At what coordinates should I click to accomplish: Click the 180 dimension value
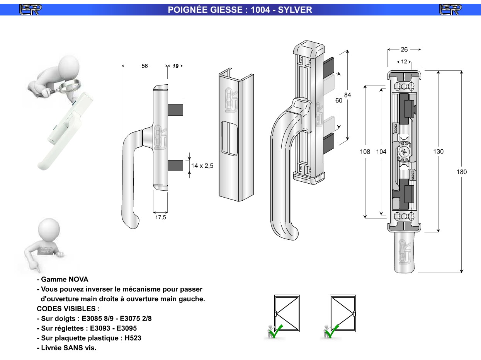click(462, 172)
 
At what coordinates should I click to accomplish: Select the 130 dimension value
click(439, 152)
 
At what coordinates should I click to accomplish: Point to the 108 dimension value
click(365, 152)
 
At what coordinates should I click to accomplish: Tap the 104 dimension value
click(381, 152)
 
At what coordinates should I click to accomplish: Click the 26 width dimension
click(404, 49)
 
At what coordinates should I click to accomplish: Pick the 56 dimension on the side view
click(144, 66)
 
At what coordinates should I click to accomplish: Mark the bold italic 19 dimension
click(175, 66)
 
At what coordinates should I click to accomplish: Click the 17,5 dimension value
click(161, 218)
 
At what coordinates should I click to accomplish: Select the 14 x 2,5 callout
click(202, 165)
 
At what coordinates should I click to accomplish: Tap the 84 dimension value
click(347, 95)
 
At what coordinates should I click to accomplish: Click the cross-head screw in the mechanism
click(404, 152)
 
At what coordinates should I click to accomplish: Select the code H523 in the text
click(133, 338)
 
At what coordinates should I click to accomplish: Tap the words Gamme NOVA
click(65, 279)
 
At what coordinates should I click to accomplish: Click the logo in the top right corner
click(450, 9)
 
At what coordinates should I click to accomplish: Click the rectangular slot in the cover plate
click(229, 138)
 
